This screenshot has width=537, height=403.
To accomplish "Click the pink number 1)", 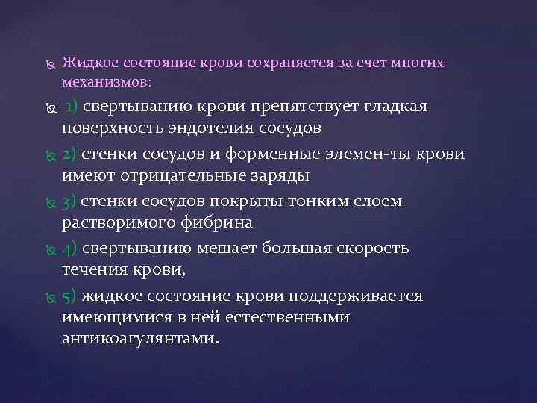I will click(x=73, y=107).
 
